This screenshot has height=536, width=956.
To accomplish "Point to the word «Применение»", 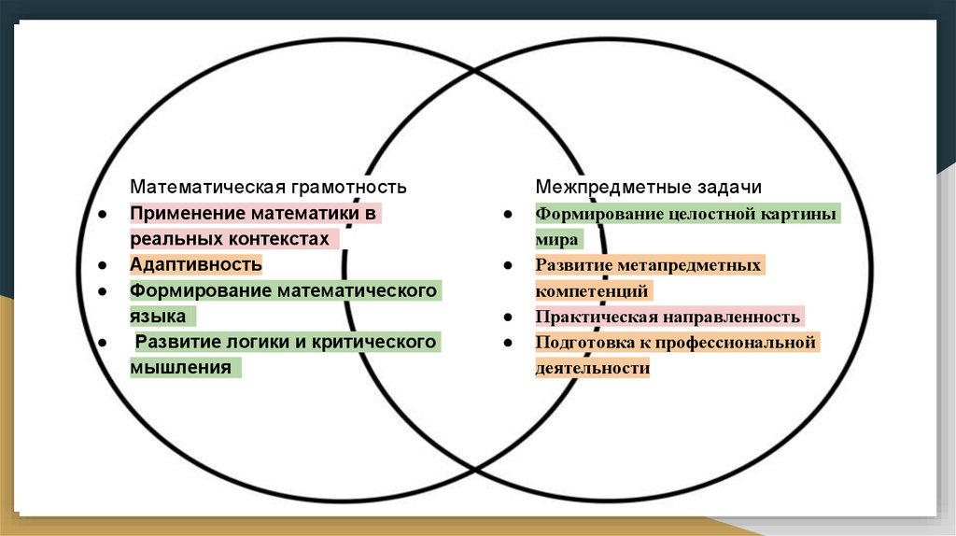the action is click(181, 214).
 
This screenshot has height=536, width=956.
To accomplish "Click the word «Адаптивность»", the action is click(196, 264).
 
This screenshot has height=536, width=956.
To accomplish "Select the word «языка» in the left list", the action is click(157, 316).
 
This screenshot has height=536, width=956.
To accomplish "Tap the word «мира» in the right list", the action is click(557, 240).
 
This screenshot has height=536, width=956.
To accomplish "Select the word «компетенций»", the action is click(592, 291).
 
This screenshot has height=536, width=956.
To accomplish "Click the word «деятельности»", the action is click(592, 368).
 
